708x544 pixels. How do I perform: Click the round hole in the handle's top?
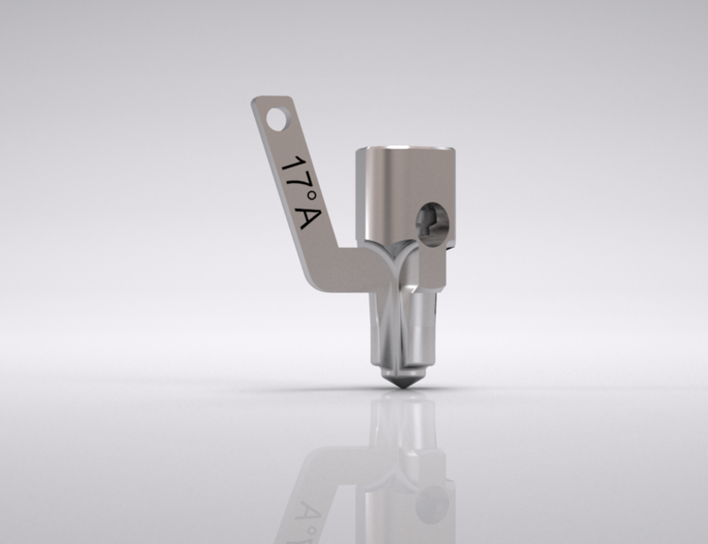coord(276,119)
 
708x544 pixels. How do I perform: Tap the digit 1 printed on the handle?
coord(292,165)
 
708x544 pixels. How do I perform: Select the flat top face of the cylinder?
coord(405,148)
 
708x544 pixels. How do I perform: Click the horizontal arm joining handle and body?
coord(352,270)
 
